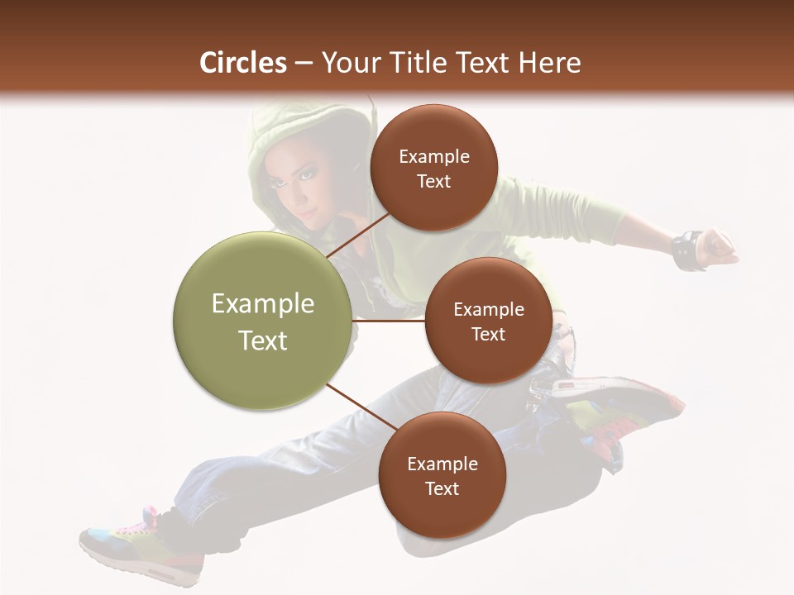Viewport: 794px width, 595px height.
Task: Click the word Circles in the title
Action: [242, 63]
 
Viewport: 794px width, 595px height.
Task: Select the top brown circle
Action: [433, 168]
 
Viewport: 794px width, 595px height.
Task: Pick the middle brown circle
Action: [488, 321]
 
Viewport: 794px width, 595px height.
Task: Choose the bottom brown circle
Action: [442, 475]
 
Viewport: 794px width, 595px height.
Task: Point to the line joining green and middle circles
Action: [389, 321]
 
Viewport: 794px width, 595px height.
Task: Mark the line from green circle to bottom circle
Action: [361, 410]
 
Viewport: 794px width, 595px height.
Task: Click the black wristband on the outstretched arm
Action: [686, 250]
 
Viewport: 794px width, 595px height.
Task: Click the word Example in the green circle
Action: [263, 304]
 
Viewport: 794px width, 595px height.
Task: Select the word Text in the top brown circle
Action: [433, 181]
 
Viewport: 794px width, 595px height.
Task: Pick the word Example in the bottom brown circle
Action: [442, 464]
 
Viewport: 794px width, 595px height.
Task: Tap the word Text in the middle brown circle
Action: [488, 334]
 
